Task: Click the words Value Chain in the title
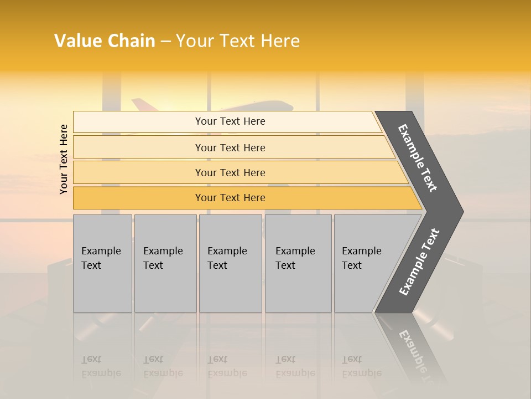point(105,41)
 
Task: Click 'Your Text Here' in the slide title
point(238,41)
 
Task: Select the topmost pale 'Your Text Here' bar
point(230,121)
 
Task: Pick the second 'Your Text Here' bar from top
point(230,147)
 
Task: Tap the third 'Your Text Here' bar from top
point(230,172)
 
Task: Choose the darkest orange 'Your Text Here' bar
point(230,198)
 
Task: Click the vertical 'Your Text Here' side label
point(64,159)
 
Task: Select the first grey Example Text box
point(102,263)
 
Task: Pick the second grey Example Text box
point(165,263)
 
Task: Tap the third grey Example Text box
point(230,263)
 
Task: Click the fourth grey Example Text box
point(298,263)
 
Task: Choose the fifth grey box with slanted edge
point(365,263)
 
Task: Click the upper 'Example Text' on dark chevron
point(418,158)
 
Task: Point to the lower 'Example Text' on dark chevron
point(419,262)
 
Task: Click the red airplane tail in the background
point(140,104)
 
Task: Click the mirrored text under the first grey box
point(101,366)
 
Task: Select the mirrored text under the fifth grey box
point(361,366)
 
